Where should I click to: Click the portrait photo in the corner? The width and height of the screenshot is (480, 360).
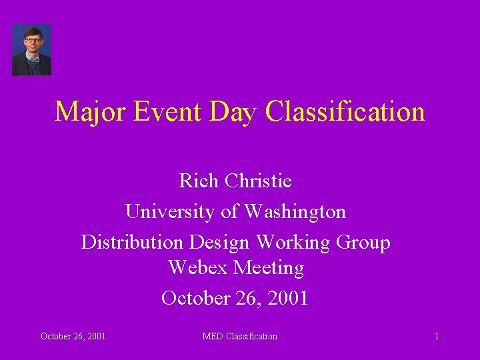click(x=31, y=50)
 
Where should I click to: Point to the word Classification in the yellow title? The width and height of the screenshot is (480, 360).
click(x=345, y=111)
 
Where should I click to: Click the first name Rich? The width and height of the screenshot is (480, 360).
click(x=199, y=181)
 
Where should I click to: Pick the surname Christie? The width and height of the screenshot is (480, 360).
click(x=258, y=181)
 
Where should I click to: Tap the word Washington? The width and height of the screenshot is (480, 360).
click(x=295, y=212)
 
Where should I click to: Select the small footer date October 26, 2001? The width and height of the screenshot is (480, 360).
click(x=73, y=336)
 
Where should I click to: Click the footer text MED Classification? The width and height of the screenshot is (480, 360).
click(x=239, y=336)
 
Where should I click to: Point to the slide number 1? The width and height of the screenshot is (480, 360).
click(x=437, y=336)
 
